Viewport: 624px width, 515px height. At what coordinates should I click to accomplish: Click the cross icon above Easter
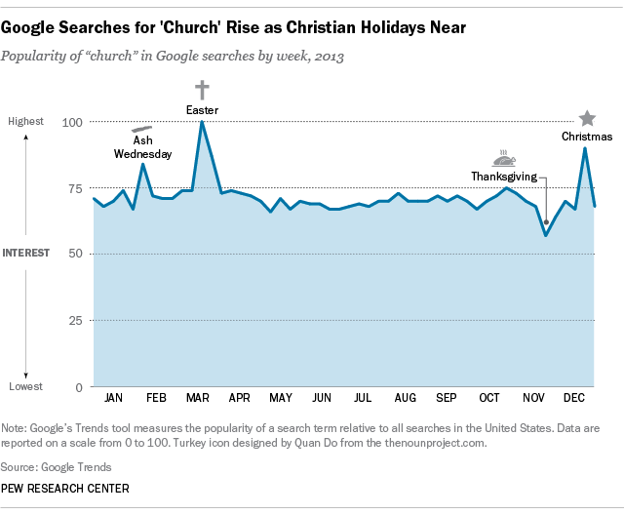click(203, 90)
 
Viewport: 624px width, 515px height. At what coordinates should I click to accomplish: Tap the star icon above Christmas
click(587, 118)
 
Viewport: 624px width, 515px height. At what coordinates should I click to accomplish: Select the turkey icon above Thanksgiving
click(504, 157)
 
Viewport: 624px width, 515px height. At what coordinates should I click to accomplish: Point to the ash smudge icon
click(142, 129)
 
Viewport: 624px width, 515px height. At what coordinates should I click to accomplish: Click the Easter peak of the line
click(202, 122)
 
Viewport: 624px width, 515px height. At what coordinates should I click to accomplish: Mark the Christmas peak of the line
click(585, 147)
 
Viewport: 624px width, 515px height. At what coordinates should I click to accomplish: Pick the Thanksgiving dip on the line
click(546, 235)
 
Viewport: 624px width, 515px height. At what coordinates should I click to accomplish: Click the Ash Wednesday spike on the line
click(142, 164)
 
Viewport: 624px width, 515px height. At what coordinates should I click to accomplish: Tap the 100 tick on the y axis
click(72, 122)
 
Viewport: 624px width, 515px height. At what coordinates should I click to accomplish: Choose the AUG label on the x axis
click(405, 399)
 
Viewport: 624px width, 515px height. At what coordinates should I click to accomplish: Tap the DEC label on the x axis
click(573, 399)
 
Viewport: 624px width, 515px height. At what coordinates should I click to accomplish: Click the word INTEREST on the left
click(27, 254)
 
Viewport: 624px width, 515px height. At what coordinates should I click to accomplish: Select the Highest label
click(26, 122)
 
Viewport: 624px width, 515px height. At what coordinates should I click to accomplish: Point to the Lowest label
click(26, 387)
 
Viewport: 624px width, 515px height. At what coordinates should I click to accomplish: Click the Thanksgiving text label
click(502, 177)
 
